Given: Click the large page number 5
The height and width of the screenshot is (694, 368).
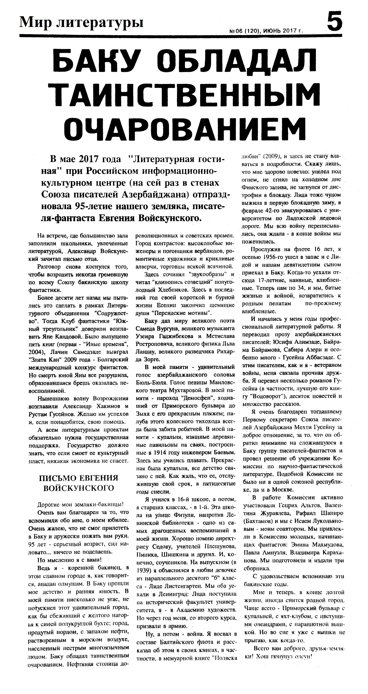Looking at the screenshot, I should click(334, 22).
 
